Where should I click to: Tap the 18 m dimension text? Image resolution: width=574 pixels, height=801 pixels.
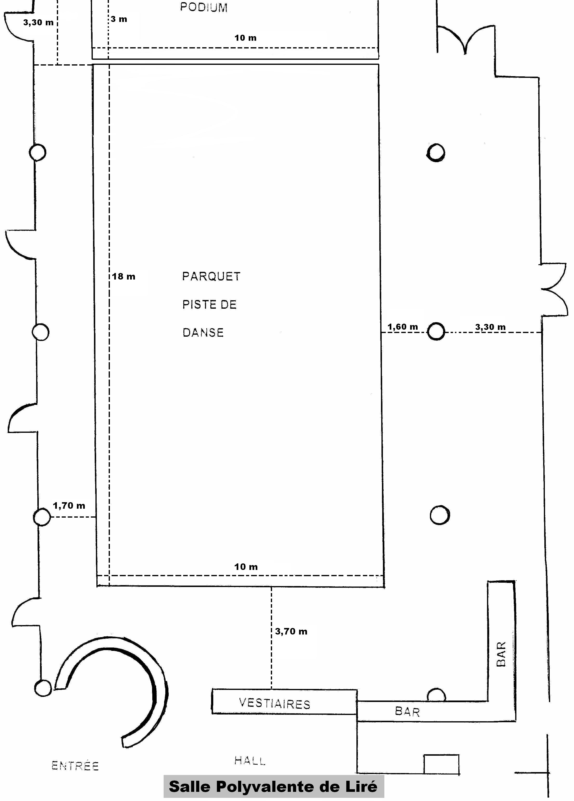coord(124,277)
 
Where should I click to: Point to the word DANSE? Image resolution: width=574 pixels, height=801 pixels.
coord(203,333)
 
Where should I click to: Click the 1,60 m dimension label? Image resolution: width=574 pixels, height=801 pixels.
coord(403,327)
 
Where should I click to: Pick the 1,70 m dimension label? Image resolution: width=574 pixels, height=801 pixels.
coord(69,506)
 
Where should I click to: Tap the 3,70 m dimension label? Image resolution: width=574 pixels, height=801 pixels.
coord(291,632)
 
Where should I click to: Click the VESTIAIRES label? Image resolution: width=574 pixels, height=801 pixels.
coord(274,703)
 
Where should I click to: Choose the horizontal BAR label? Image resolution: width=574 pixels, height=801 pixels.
coord(407,712)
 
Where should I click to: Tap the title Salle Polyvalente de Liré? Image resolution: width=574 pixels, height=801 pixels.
coord(273,787)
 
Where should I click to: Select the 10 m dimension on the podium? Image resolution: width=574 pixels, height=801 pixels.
coord(246,38)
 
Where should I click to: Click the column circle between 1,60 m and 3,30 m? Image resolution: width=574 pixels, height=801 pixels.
coord(436,332)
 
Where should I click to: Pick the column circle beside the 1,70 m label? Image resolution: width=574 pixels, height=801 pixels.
coord(42,517)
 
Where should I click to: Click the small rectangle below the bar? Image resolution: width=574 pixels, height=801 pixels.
coord(441,765)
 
